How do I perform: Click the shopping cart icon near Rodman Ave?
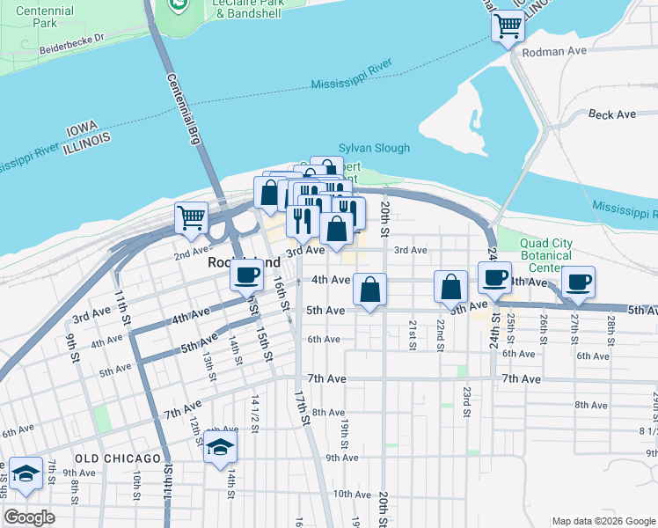(508, 26)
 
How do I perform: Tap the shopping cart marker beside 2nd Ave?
(191, 217)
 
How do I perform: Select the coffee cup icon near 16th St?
(247, 275)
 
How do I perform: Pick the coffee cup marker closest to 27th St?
(578, 282)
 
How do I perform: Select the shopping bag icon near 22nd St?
(450, 286)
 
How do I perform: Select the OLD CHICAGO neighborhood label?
(118, 458)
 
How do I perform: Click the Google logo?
(29, 517)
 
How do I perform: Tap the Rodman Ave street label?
(553, 52)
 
